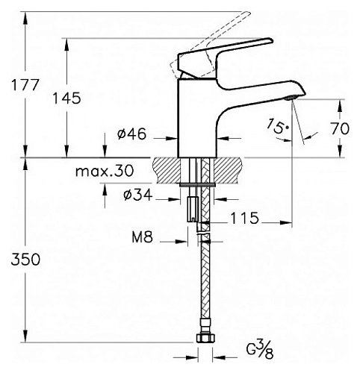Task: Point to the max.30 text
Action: pos(104,171)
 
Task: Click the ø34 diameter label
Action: pos(137,195)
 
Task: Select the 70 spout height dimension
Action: pos(340,128)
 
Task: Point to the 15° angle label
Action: pos(278,127)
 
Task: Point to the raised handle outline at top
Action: pos(217,34)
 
